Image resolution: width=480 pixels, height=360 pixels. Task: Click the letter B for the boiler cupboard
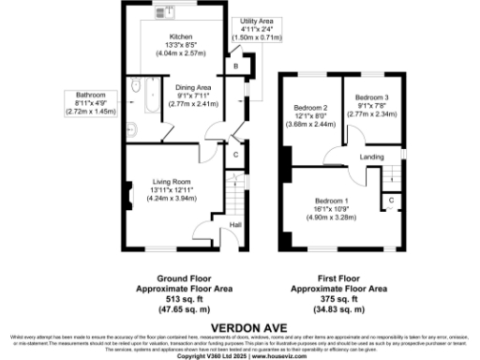[x=236, y=67]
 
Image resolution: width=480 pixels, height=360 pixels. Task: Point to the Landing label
[x=372, y=157]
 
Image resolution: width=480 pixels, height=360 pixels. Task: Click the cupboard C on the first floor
[x=389, y=200]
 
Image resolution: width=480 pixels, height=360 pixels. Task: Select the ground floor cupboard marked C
[x=235, y=154]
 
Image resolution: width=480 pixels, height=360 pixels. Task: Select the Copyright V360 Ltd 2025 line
[x=239, y=355]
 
